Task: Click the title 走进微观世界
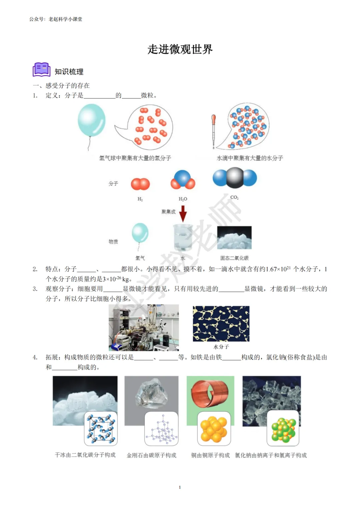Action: (180, 49)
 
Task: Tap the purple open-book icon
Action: (41, 70)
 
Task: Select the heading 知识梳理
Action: (69, 72)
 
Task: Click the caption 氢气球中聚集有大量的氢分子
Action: (135, 158)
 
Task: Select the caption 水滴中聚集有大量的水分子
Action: (250, 158)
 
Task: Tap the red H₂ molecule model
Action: (140, 184)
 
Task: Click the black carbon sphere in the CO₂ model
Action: (235, 178)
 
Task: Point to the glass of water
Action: (183, 237)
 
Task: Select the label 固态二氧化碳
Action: (234, 258)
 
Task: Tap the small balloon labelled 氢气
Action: (140, 233)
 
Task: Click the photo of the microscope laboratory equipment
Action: (144, 327)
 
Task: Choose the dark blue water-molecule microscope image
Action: (221, 324)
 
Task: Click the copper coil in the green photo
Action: (210, 393)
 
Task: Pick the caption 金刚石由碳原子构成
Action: (151, 455)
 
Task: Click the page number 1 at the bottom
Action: (180, 487)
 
